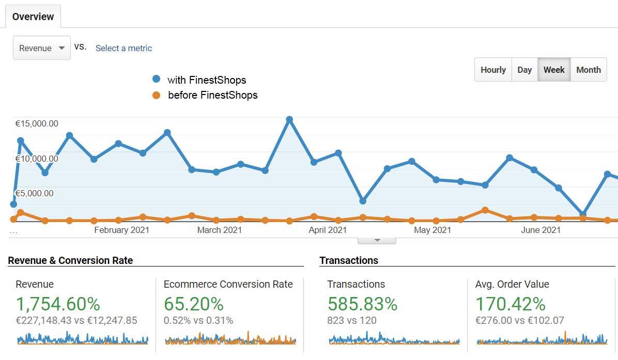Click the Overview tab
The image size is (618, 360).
[x=33, y=17]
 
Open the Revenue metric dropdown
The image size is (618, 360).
[x=41, y=48]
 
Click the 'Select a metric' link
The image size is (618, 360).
[x=123, y=48]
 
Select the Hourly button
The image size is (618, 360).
[x=493, y=70]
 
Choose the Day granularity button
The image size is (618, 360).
[x=524, y=70]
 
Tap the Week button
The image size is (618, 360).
[x=554, y=70]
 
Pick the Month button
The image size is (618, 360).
[x=589, y=70]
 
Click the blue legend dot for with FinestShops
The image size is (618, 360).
[x=157, y=80]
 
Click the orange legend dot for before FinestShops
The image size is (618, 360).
[x=157, y=95]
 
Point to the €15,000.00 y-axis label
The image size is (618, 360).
[x=37, y=123]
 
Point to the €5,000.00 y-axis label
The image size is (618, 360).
[x=34, y=194]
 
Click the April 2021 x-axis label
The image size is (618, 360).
[x=328, y=230]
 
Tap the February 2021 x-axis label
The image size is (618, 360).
[x=121, y=230]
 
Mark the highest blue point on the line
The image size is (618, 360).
[x=289, y=119]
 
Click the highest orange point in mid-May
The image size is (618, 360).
[x=485, y=210]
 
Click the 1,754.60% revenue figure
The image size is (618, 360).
[x=58, y=304]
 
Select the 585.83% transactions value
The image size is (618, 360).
[x=362, y=304]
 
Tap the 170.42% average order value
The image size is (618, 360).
[x=510, y=304]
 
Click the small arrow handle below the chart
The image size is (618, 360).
[x=377, y=240]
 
